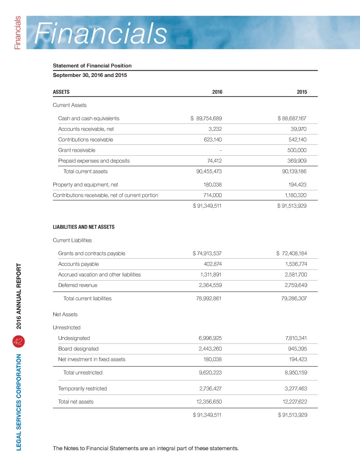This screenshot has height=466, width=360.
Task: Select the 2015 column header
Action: point(301,92)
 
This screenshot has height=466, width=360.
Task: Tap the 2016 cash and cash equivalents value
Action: point(206,118)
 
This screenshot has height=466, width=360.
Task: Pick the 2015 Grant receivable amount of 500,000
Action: point(296,150)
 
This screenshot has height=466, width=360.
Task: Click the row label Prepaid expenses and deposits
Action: point(94,161)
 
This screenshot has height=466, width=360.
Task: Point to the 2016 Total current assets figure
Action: point(206,172)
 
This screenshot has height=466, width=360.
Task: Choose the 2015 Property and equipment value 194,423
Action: point(297,184)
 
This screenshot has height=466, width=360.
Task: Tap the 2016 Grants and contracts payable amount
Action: point(207,253)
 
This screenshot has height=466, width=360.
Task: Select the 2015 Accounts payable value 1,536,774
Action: point(291,264)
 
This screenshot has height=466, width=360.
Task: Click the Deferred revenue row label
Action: point(77,285)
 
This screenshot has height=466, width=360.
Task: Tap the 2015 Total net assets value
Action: point(289,401)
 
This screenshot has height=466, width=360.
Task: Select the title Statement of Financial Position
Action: point(92,66)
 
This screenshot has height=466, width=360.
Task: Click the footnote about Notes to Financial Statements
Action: point(146,448)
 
